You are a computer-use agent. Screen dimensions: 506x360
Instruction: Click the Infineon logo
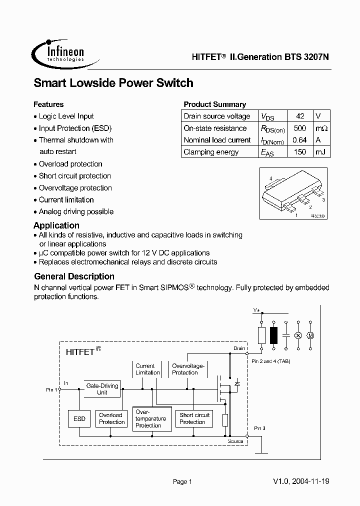click(x=59, y=51)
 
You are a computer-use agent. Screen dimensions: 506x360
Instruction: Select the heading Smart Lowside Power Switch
click(x=113, y=83)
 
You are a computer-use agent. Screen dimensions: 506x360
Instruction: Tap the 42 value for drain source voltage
click(x=300, y=116)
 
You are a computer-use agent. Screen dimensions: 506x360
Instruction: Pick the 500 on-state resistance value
click(x=300, y=128)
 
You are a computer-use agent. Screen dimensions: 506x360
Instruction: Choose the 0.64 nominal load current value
click(x=300, y=140)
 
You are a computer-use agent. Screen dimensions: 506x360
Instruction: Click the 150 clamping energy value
click(x=300, y=152)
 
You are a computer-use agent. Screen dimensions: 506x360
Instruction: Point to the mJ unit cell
click(x=321, y=152)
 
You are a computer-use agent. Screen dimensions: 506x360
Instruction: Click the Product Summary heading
click(x=214, y=104)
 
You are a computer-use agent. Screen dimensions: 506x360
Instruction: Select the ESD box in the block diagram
click(x=79, y=418)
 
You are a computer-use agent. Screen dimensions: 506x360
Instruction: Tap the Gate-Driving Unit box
click(x=102, y=389)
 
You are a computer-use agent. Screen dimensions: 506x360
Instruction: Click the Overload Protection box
click(x=111, y=418)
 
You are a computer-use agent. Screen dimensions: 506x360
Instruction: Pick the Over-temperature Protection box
click(x=151, y=418)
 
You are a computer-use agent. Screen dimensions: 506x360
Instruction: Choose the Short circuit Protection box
click(x=194, y=418)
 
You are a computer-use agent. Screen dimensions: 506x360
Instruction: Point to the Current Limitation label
click(x=147, y=369)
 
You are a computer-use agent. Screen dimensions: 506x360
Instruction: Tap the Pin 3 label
click(x=259, y=428)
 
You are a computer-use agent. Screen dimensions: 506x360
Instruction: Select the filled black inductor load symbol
click(x=273, y=335)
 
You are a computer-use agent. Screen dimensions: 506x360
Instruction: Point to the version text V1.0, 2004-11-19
click(x=301, y=481)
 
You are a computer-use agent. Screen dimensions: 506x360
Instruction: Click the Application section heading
click(x=56, y=225)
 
